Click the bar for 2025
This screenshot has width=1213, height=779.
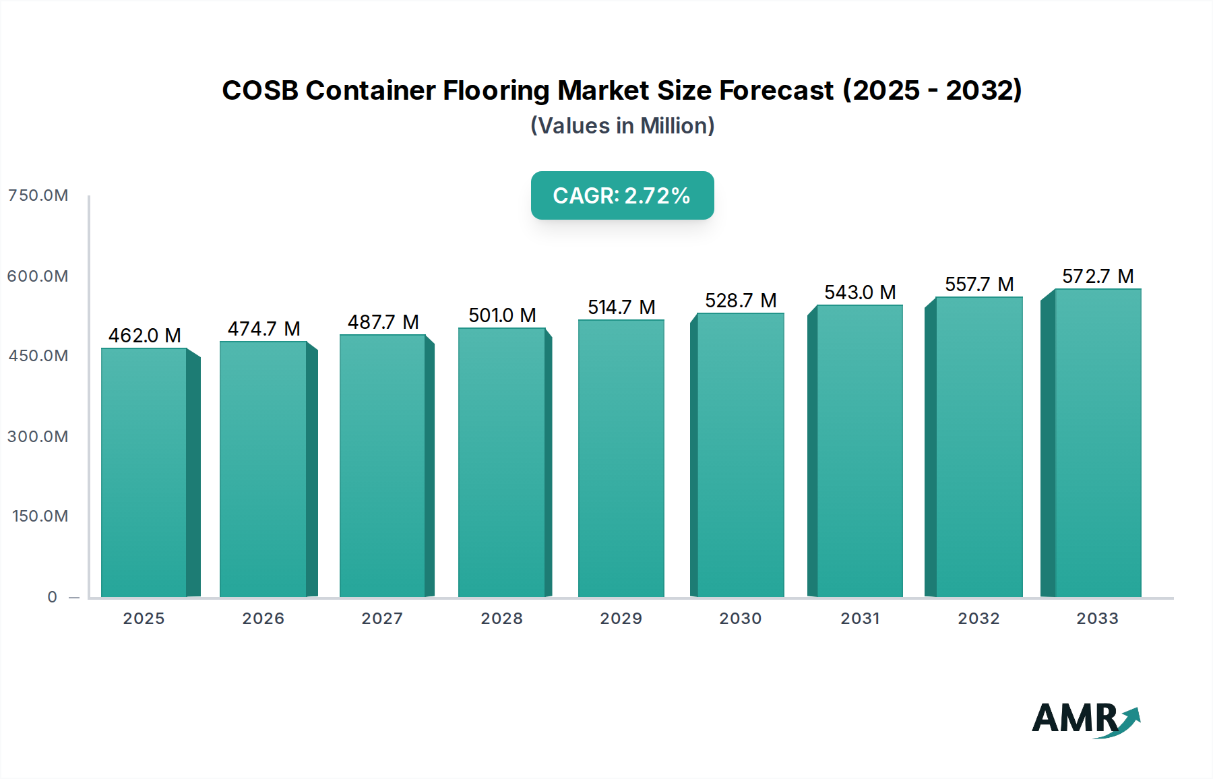tap(144, 472)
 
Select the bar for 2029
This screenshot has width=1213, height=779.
tap(621, 458)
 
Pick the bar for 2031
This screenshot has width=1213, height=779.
tap(859, 451)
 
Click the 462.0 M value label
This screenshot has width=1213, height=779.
tap(145, 336)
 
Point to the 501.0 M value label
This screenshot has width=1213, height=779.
tap(502, 315)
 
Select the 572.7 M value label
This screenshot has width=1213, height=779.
tap(1098, 276)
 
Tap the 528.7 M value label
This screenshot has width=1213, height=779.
tap(741, 301)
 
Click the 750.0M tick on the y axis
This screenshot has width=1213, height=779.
tap(38, 195)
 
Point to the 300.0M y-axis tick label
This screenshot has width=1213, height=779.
tap(38, 437)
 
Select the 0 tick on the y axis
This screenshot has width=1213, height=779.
tap(53, 597)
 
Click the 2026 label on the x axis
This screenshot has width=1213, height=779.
tap(263, 619)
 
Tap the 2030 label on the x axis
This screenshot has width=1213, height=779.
tap(741, 619)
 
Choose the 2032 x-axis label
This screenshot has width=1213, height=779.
tap(978, 619)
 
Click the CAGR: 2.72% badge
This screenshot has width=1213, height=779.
tap(622, 195)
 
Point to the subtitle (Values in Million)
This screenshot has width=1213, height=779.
tap(622, 126)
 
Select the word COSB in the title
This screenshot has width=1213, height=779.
tap(260, 90)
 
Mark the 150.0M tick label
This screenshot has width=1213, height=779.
tap(40, 516)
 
